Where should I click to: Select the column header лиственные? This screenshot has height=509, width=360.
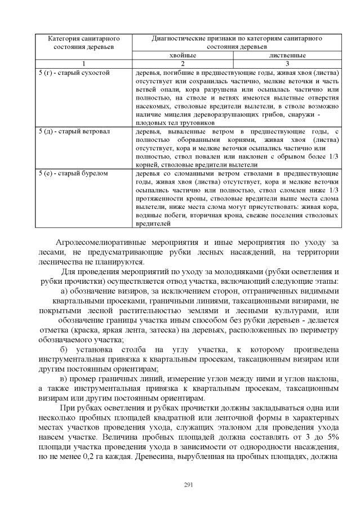click(x=287, y=56)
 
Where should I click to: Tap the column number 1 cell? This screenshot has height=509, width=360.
click(x=83, y=64)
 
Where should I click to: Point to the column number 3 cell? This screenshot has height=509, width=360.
click(x=287, y=64)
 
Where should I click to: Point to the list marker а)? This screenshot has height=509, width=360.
click(x=64, y=291)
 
